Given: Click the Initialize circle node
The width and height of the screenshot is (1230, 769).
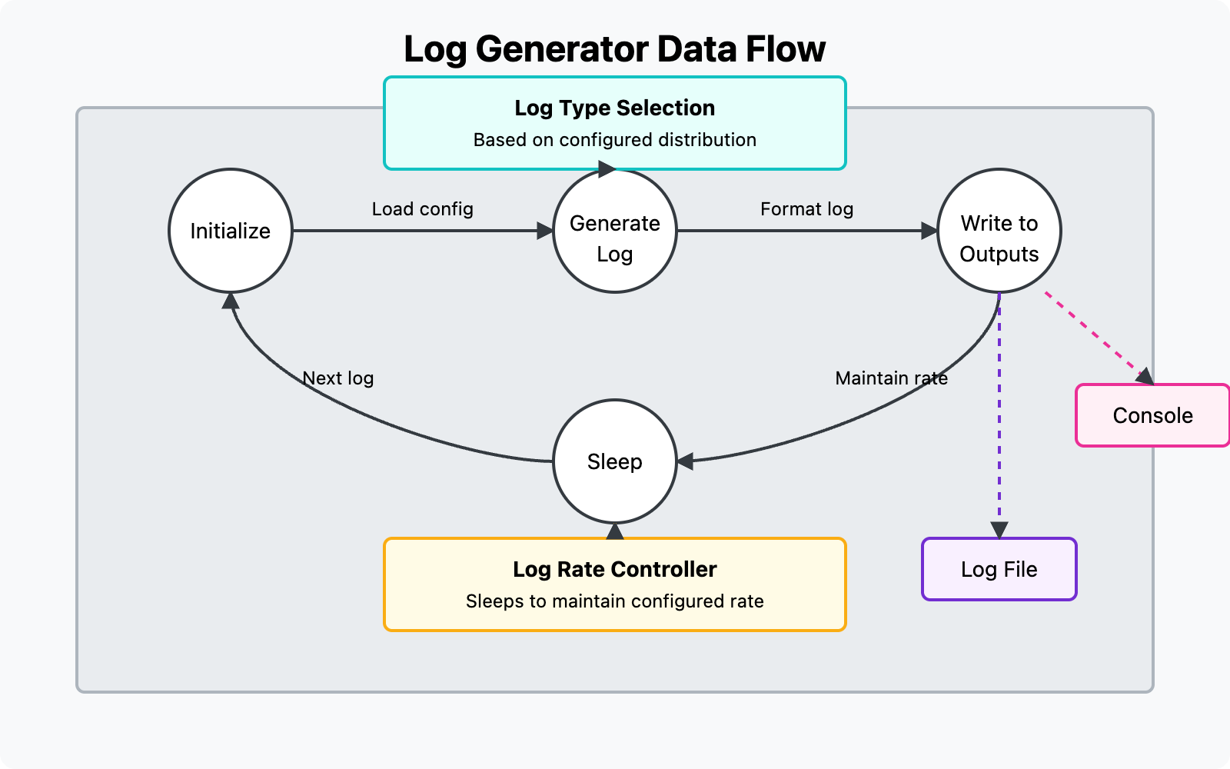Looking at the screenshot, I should tap(231, 231).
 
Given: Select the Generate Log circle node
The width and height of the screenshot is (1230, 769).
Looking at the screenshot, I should tap(615, 231).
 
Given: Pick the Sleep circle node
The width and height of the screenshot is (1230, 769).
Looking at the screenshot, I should tap(615, 461).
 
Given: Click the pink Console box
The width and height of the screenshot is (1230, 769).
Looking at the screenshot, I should tap(1152, 415).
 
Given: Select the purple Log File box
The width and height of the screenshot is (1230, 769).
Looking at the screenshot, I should tap(999, 569).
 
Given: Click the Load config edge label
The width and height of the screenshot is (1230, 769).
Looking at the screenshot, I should tap(422, 209).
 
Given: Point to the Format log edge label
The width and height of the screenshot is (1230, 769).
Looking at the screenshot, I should tap(806, 209).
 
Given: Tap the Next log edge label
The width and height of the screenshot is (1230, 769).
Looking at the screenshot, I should tap(338, 378).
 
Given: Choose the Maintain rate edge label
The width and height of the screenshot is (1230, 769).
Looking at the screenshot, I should tap(891, 378).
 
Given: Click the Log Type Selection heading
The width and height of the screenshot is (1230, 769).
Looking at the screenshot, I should tap(615, 108).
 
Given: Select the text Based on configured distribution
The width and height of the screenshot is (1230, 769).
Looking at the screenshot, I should tap(615, 140).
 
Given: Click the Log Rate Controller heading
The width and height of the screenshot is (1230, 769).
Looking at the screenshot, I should tap(615, 569).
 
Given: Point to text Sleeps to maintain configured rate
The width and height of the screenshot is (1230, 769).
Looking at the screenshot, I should tap(615, 601).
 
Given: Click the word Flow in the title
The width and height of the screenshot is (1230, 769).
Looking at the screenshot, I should tap(785, 49).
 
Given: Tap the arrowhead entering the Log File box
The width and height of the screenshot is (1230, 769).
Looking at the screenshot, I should tap(999, 530).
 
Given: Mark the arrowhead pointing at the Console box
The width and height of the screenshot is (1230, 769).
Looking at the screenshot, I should tap(1145, 376).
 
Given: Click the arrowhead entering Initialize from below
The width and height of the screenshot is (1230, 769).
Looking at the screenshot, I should tap(231, 301).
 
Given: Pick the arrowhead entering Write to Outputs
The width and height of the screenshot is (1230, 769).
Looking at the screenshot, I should tap(929, 231).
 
